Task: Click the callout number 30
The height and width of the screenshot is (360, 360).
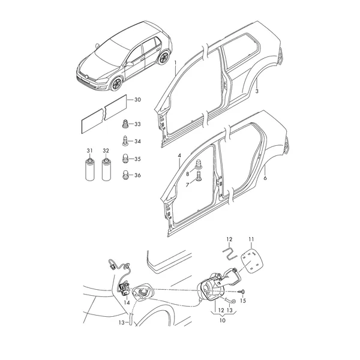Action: (x=137, y=100)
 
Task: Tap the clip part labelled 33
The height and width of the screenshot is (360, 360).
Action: (x=125, y=124)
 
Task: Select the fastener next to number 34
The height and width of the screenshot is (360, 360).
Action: (x=125, y=141)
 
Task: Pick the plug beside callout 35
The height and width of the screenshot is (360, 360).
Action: (x=125, y=158)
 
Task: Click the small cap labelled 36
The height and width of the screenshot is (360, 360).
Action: (x=125, y=175)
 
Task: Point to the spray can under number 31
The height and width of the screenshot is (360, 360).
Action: (x=89, y=169)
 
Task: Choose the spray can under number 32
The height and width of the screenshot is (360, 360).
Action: (x=106, y=169)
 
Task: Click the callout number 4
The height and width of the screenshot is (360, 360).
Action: (x=179, y=155)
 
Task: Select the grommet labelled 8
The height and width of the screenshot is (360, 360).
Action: (x=198, y=165)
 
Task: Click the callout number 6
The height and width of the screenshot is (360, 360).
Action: (x=265, y=178)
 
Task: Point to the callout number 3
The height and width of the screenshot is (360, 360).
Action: (x=257, y=91)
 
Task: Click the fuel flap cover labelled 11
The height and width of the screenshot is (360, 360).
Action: (x=251, y=261)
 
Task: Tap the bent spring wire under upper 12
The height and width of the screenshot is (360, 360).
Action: (x=230, y=251)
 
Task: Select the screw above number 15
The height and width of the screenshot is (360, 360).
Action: (x=242, y=292)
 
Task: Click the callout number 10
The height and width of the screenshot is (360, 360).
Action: (x=223, y=320)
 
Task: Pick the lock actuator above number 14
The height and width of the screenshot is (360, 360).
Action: (x=124, y=289)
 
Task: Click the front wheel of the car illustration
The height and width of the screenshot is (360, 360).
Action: (x=116, y=84)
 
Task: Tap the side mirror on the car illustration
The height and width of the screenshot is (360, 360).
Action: (x=129, y=64)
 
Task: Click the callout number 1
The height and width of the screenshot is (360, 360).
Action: (x=176, y=63)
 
